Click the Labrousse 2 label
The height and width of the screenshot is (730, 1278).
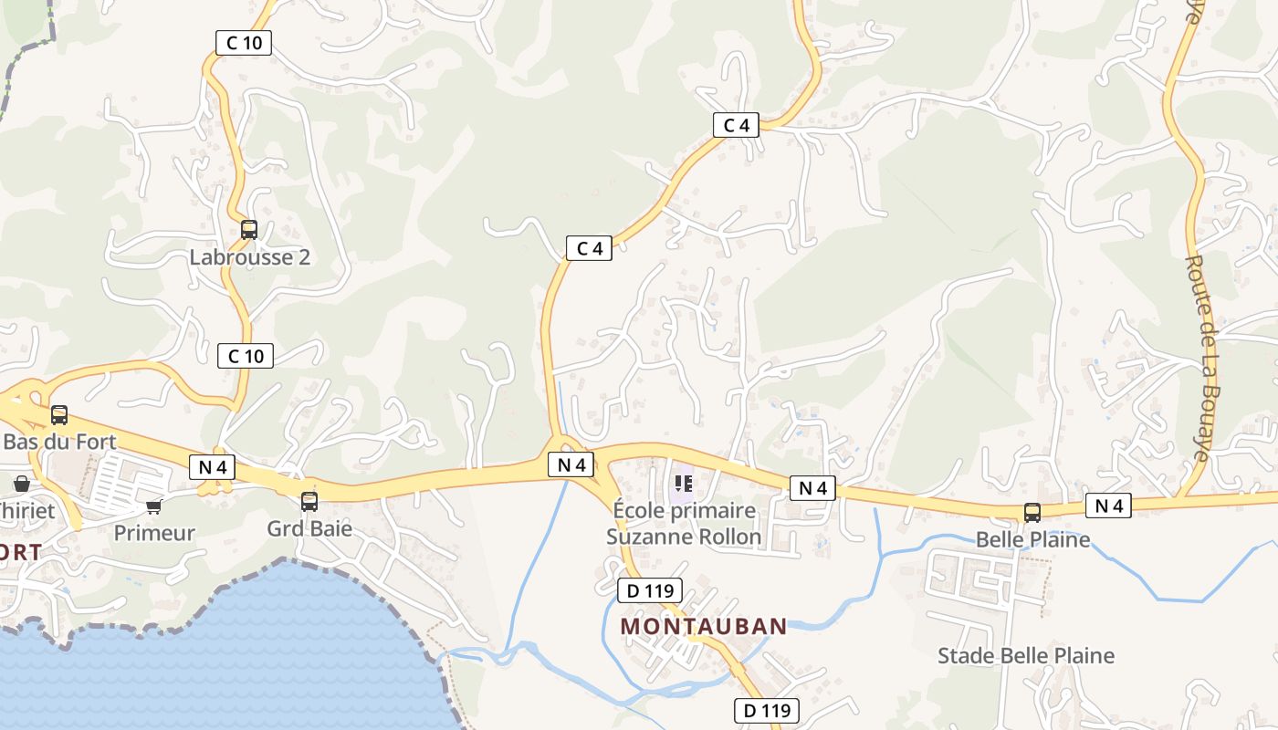249,256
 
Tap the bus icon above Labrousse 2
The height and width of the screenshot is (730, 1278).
249,229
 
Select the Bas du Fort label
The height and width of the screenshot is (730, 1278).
60,442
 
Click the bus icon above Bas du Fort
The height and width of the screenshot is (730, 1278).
59,414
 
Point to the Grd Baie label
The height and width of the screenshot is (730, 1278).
309,528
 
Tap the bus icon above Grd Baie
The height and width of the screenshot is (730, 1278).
309,501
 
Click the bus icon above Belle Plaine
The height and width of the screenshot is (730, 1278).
1032,512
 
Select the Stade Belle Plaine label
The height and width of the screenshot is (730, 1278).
1026,655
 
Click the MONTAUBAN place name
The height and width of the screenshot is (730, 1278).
704,626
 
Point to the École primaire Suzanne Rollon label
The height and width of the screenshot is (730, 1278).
684,523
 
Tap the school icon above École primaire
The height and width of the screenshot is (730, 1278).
683,484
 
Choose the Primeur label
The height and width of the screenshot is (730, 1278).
154,533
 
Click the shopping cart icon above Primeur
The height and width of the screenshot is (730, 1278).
154,506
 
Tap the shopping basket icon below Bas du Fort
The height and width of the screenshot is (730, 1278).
21,484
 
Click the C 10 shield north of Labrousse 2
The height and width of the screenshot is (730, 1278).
244,42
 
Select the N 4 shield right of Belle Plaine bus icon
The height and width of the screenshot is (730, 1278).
1108,505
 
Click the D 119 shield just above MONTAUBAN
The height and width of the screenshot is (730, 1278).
650,590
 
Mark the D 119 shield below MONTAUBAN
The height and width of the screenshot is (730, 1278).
767,710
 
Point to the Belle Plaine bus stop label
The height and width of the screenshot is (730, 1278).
1032,539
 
